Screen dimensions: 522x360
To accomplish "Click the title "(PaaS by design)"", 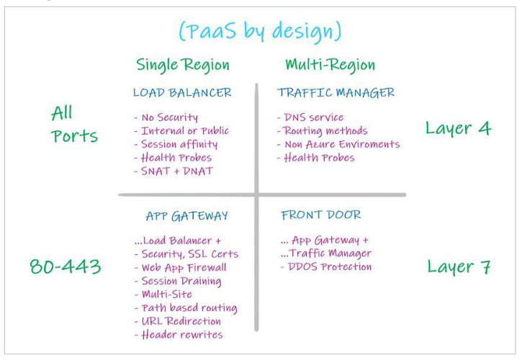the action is click(x=260, y=32).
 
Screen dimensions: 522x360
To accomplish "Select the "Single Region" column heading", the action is click(x=183, y=65).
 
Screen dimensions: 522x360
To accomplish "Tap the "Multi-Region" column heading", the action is click(x=330, y=65).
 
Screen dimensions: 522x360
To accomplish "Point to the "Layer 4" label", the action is click(x=458, y=129).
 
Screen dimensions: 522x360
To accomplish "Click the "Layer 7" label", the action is click(x=458, y=266).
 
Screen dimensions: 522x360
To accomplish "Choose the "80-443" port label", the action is click(x=66, y=267).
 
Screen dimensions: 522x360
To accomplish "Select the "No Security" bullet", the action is click(x=166, y=117).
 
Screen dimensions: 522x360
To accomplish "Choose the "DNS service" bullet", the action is click(x=310, y=117).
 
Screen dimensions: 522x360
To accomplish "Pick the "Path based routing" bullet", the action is click(x=186, y=307).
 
